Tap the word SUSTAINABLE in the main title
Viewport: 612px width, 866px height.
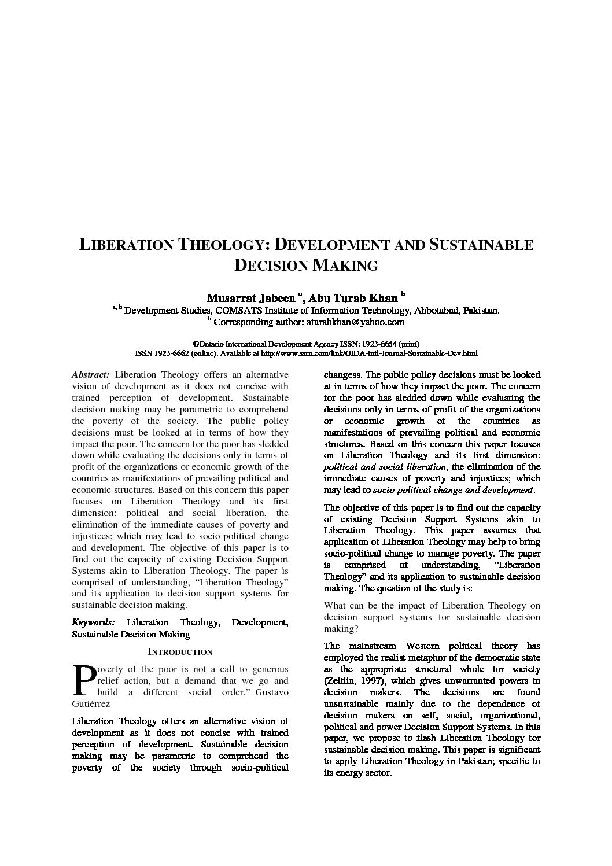click(x=481, y=245)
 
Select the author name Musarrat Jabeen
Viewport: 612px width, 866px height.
click(x=250, y=299)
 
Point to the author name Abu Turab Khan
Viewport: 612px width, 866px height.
click(x=353, y=299)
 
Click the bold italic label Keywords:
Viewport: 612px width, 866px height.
click(x=93, y=622)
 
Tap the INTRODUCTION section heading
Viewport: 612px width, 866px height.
click(x=180, y=652)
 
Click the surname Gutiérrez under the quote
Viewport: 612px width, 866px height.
click(x=91, y=703)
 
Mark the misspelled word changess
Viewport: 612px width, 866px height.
click(x=342, y=375)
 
